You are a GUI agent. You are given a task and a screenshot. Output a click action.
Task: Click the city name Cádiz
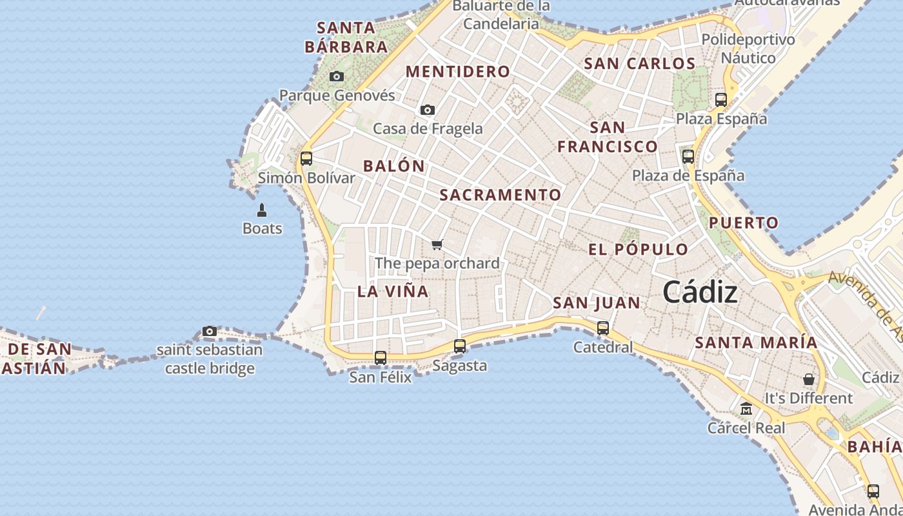[700, 292]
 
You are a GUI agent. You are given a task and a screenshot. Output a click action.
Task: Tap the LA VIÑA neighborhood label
[393, 291]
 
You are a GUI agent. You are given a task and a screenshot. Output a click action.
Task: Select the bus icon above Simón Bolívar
[306, 158]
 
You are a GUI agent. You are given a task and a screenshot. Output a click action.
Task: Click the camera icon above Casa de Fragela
[428, 110]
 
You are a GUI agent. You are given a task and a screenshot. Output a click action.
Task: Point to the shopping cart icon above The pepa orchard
[437, 244]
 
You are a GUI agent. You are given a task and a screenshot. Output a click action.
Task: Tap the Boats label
[262, 228]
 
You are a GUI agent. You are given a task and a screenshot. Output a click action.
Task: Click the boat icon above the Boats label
[262, 210]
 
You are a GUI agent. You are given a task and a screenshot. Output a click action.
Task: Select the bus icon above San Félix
[381, 357]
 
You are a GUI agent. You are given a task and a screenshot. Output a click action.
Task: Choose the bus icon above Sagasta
[460, 346]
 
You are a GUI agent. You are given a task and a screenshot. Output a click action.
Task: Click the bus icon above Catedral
[603, 328]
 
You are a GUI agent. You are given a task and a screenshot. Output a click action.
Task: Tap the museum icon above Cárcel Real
[746, 409]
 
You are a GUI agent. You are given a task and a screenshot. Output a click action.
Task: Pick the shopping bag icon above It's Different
[808, 379]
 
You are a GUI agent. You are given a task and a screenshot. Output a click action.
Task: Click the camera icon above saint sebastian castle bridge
[210, 332]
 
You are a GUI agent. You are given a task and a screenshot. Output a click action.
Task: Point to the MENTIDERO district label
[458, 72]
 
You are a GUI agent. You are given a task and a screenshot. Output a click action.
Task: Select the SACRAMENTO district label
[501, 195]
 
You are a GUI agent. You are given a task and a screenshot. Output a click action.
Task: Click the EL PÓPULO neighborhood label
[638, 250]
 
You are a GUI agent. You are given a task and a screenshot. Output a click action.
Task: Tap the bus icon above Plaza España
[721, 100]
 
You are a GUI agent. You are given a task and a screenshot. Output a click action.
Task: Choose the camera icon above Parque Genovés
[337, 77]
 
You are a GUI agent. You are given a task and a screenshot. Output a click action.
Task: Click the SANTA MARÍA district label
[756, 342]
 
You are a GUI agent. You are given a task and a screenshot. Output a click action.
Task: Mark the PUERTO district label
[744, 223]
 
